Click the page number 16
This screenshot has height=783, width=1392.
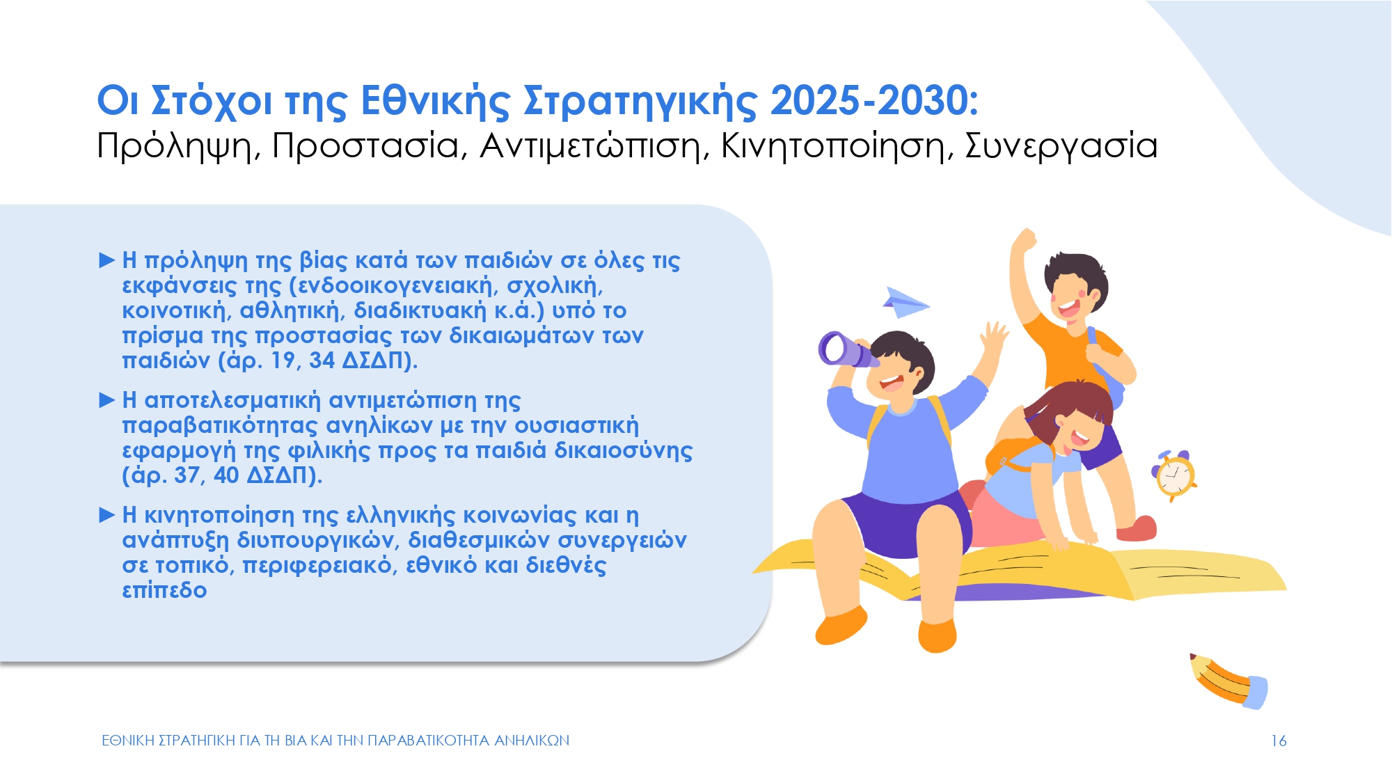point(1279,741)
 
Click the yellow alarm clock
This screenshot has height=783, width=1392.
point(1174,475)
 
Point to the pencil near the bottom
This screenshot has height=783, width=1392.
point(1228,681)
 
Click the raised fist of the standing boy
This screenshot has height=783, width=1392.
point(1024,241)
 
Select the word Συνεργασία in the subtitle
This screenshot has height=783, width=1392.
point(1061,146)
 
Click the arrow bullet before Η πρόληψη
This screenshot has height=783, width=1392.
point(107,260)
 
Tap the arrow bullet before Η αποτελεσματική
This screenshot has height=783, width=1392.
point(107,400)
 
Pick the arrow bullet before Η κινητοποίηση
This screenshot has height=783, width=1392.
point(107,515)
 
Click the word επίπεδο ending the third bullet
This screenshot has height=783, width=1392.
point(165,590)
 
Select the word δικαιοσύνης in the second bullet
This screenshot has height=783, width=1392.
point(624,451)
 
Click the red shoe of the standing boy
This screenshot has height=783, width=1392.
point(1136,529)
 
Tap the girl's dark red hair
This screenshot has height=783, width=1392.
point(1068,411)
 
